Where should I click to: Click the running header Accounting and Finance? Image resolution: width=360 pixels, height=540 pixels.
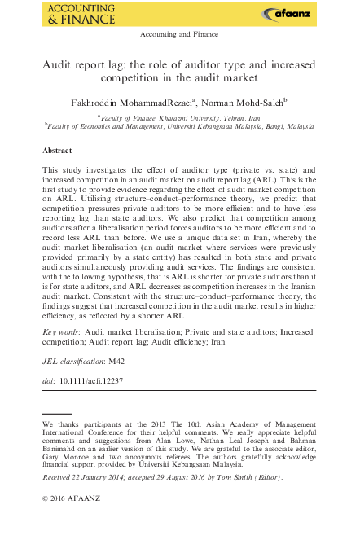click(179, 34)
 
